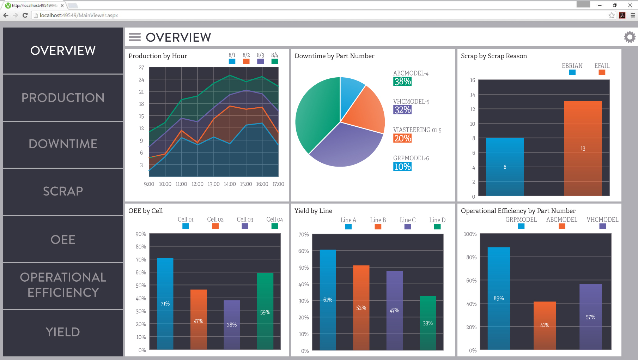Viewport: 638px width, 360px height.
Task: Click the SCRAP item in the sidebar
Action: point(63,191)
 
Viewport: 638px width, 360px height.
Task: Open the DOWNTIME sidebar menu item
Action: point(63,144)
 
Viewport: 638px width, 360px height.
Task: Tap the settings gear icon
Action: point(630,37)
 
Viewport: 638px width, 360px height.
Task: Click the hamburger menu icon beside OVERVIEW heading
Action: point(135,37)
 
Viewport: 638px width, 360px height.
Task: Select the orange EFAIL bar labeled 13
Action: point(583,148)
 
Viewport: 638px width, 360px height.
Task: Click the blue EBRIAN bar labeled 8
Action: point(505,167)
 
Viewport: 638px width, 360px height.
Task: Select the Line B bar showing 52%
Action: point(361,307)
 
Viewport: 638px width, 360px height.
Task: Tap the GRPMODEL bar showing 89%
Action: point(499,298)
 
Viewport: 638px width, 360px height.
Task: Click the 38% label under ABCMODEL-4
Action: point(402,82)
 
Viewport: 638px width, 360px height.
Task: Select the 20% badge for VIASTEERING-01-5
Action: point(402,138)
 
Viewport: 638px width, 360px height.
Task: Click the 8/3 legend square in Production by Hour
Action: point(261,61)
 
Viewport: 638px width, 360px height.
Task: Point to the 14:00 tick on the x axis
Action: point(230,184)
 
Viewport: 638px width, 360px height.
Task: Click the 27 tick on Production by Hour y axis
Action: point(141,67)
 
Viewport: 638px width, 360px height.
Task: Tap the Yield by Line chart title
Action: point(313,211)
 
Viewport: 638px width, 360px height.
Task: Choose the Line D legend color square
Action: point(437,227)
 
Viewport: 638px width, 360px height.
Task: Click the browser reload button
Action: point(25,15)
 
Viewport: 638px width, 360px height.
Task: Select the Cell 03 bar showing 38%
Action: point(232,325)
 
